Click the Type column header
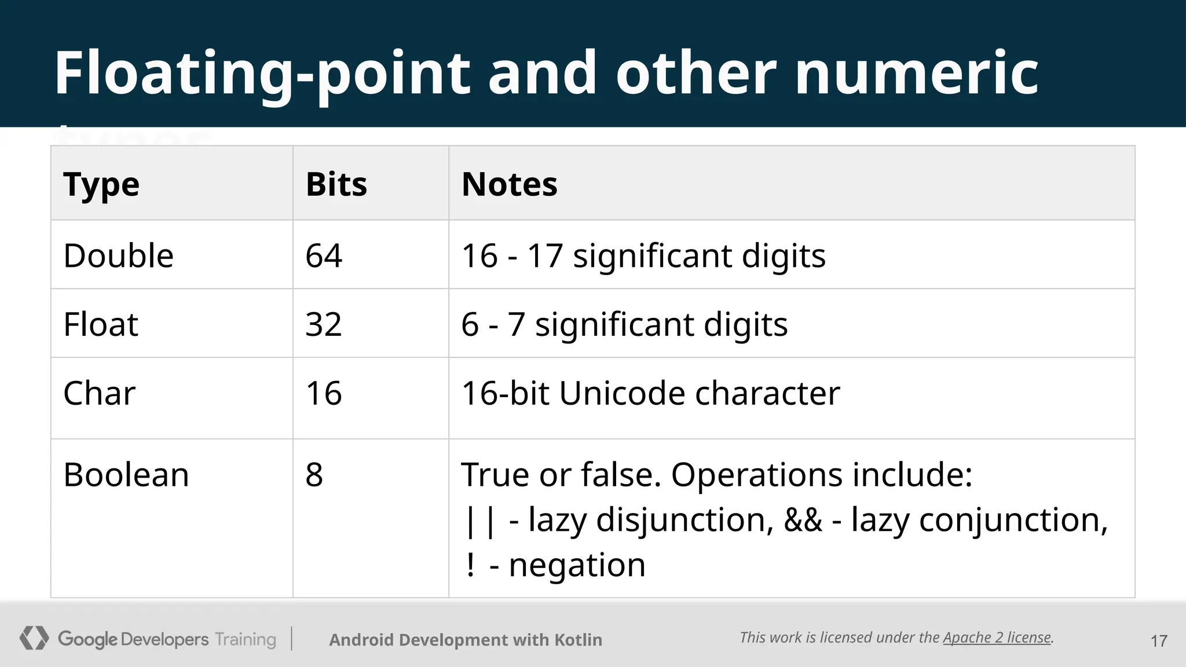(x=101, y=185)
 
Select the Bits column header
(x=336, y=185)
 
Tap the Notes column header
(x=509, y=185)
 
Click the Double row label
(x=118, y=255)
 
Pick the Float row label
(x=101, y=324)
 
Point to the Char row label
(x=99, y=393)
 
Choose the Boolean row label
(x=126, y=475)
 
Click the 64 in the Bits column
(x=324, y=255)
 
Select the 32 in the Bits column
(x=324, y=324)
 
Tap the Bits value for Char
(x=324, y=393)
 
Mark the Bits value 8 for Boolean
(x=314, y=475)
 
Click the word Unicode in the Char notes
(x=621, y=393)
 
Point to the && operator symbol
(x=803, y=519)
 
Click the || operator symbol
(x=480, y=521)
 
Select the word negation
(x=577, y=565)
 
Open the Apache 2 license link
(x=997, y=637)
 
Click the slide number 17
(x=1158, y=641)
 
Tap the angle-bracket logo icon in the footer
(x=34, y=638)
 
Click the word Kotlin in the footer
(x=578, y=640)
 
